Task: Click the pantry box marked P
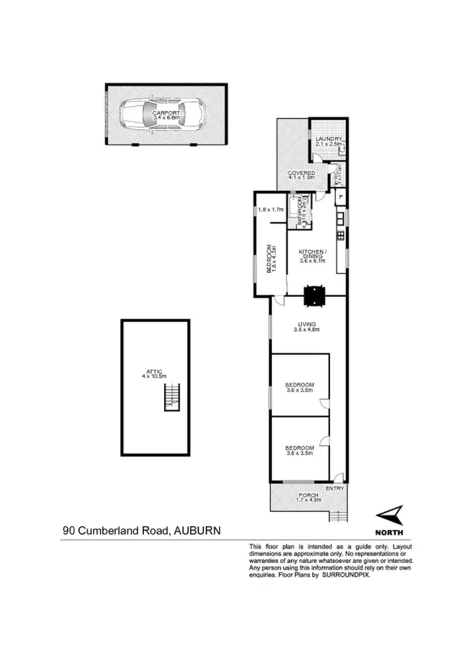coord(341,198)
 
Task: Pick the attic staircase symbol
coord(170,398)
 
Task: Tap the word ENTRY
coord(335,488)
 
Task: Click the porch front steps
coord(337,517)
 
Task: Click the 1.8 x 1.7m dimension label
coord(271,209)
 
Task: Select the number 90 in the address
coord(69,531)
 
